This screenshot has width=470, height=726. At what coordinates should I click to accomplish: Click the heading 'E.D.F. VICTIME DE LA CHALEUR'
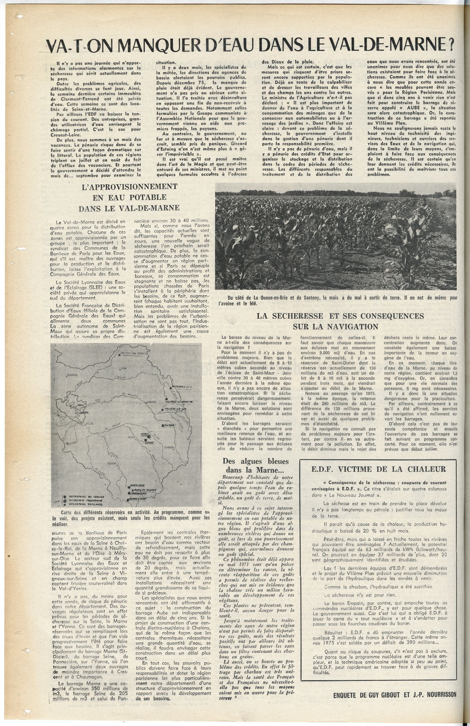[378, 469]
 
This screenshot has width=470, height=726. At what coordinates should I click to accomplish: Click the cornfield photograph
[335, 238]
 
